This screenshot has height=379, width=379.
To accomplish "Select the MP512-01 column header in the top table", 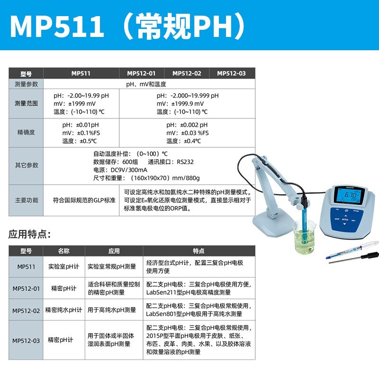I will tap(141, 73).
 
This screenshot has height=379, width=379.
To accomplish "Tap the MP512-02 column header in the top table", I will tap(187, 73).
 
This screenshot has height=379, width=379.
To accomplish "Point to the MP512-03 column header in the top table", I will tap(231, 73).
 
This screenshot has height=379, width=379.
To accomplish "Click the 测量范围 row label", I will tap(26, 103).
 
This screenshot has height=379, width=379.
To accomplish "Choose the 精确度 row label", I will tap(26, 133).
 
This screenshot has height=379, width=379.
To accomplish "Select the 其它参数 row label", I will tap(26, 165).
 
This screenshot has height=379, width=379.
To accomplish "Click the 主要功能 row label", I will tap(26, 200).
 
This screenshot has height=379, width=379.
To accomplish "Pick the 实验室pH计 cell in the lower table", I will tap(63, 267).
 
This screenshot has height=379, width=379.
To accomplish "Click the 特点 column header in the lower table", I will tap(199, 251).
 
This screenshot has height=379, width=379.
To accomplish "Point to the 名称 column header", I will tap(63, 251).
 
